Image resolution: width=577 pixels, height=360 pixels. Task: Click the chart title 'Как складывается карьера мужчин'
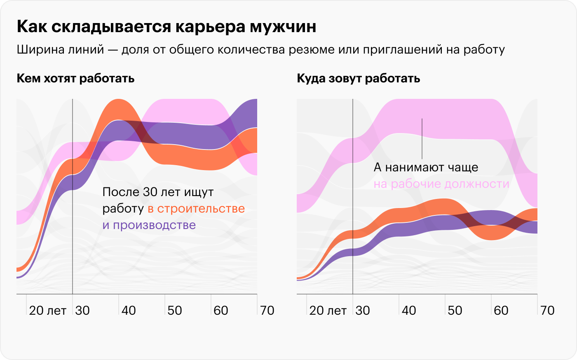pyautogui.click(x=167, y=27)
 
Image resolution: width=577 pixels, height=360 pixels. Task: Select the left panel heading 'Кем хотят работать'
pyautogui.click(x=75, y=78)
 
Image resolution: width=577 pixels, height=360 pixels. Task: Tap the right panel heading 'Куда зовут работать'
pyautogui.click(x=358, y=78)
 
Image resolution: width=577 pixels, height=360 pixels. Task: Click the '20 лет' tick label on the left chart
pyautogui.click(x=47, y=311)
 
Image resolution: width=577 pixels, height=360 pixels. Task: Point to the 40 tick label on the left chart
pyautogui.click(x=129, y=311)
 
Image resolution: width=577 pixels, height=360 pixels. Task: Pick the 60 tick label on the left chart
pyautogui.click(x=221, y=311)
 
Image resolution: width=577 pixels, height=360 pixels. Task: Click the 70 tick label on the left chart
pyautogui.click(x=267, y=311)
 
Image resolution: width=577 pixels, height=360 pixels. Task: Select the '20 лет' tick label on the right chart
pyautogui.click(x=328, y=311)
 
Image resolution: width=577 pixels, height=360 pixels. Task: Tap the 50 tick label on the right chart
pyautogui.click(x=455, y=311)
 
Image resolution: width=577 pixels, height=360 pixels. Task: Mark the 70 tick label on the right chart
pyautogui.click(x=547, y=311)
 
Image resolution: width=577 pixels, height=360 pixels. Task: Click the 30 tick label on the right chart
pyautogui.click(x=363, y=311)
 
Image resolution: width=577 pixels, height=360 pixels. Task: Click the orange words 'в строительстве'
pyautogui.click(x=196, y=209)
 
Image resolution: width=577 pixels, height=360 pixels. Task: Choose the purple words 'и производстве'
pyautogui.click(x=149, y=225)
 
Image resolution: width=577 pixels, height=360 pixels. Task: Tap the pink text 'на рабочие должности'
pyautogui.click(x=441, y=184)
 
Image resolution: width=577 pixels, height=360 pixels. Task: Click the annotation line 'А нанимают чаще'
pyautogui.click(x=426, y=168)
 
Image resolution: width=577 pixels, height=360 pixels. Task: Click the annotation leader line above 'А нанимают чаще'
pyautogui.click(x=422, y=138)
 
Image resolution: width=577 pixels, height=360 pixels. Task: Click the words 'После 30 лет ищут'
pyautogui.click(x=158, y=192)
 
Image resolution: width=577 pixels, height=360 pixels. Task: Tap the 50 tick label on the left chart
pyautogui.click(x=175, y=311)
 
